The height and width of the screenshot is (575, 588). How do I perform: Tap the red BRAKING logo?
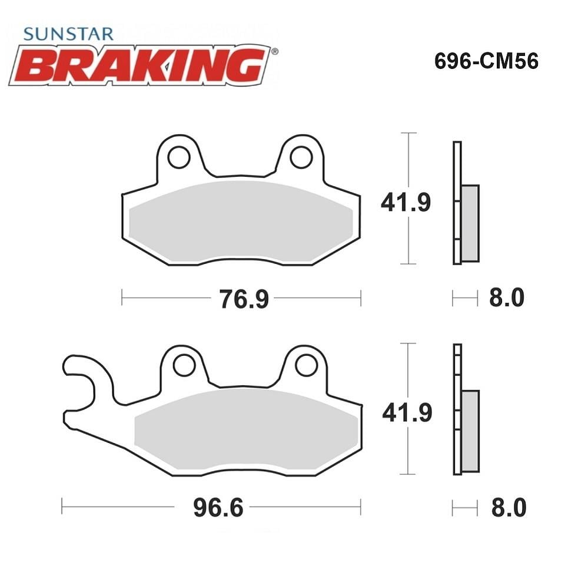[140, 65]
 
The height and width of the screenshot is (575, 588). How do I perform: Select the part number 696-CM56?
[486, 61]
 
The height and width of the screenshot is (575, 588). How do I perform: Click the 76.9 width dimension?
[244, 299]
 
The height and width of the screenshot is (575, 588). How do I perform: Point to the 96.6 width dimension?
[218, 507]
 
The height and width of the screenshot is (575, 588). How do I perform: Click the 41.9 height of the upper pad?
[406, 202]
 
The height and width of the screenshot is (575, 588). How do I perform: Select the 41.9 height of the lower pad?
[407, 412]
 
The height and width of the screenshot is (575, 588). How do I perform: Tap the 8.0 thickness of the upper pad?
[507, 298]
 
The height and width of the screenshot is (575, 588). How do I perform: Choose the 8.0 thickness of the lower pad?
[509, 507]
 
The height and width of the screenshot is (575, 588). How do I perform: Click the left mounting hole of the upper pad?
[179, 157]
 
